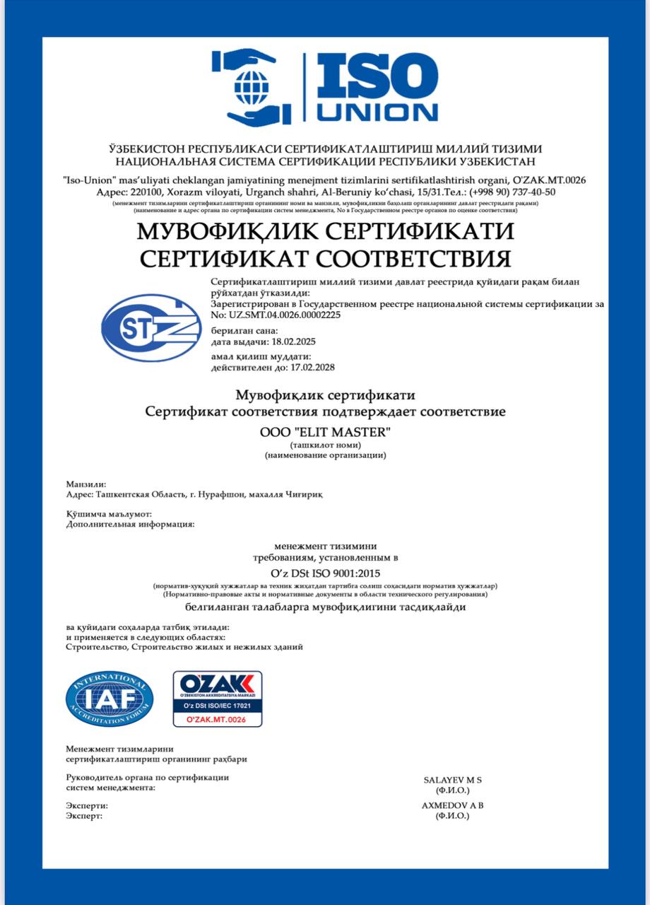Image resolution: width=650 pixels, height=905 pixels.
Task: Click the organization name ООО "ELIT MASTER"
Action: pos(325,431)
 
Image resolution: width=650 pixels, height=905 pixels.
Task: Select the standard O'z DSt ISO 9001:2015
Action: pos(325,573)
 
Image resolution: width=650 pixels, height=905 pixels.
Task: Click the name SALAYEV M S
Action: pos(452,780)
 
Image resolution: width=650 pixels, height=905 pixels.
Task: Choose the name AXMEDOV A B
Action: pos(452,805)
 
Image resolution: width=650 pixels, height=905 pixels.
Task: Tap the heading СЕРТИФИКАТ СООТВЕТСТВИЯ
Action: pos(325,258)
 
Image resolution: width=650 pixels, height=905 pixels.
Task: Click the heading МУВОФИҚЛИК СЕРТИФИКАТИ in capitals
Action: pos(325,231)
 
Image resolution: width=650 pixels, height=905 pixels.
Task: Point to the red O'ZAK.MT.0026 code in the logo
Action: pos(218,719)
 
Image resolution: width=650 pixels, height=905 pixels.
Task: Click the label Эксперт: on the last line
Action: pos(84,815)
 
